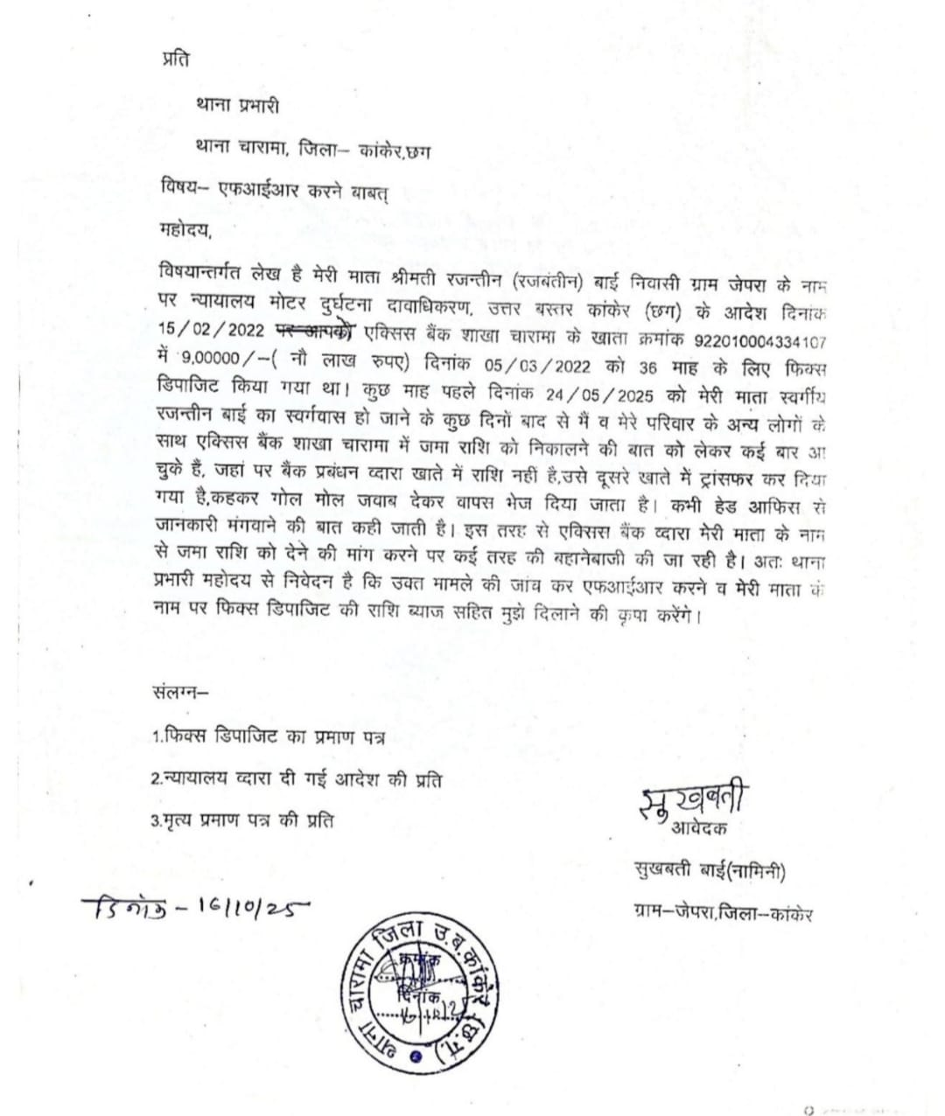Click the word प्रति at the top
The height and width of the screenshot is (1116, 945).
click(x=175, y=59)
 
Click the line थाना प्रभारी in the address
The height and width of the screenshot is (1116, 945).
click(x=237, y=106)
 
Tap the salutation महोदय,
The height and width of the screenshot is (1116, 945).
click(x=186, y=233)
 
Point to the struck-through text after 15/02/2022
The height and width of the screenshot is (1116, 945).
click(x=316, y=332)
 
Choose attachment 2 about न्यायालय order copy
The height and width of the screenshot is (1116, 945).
click(x=296, y=779)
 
